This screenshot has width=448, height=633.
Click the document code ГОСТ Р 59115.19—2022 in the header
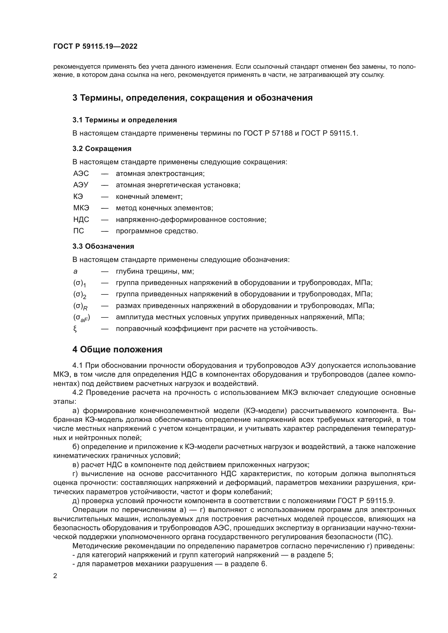pos(95,46)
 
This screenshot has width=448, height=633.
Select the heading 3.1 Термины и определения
pos(125,120)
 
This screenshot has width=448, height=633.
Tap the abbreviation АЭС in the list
pos(81,173)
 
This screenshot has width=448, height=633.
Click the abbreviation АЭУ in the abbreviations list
pos(81,185)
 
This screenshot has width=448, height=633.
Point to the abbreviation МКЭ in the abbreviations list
pos(81,208)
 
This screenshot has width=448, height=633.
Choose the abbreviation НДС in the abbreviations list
pos(81,219)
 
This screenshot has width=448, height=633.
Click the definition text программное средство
pos(157,231)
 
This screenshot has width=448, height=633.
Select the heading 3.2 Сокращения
pos(102,149)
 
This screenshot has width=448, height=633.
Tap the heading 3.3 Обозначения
pos(103,246)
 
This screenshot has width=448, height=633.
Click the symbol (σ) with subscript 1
pos(80,283)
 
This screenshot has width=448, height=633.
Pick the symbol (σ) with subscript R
pos(80,306)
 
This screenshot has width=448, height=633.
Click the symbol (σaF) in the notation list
pos(82,318)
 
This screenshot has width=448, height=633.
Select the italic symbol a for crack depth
pos(75,271)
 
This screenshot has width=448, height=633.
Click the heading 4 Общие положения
pos(117,350)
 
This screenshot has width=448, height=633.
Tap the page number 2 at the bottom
pos(55,576)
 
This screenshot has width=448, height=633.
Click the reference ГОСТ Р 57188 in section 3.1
pos(268,133)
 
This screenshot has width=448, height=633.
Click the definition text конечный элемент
pos(149,196)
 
